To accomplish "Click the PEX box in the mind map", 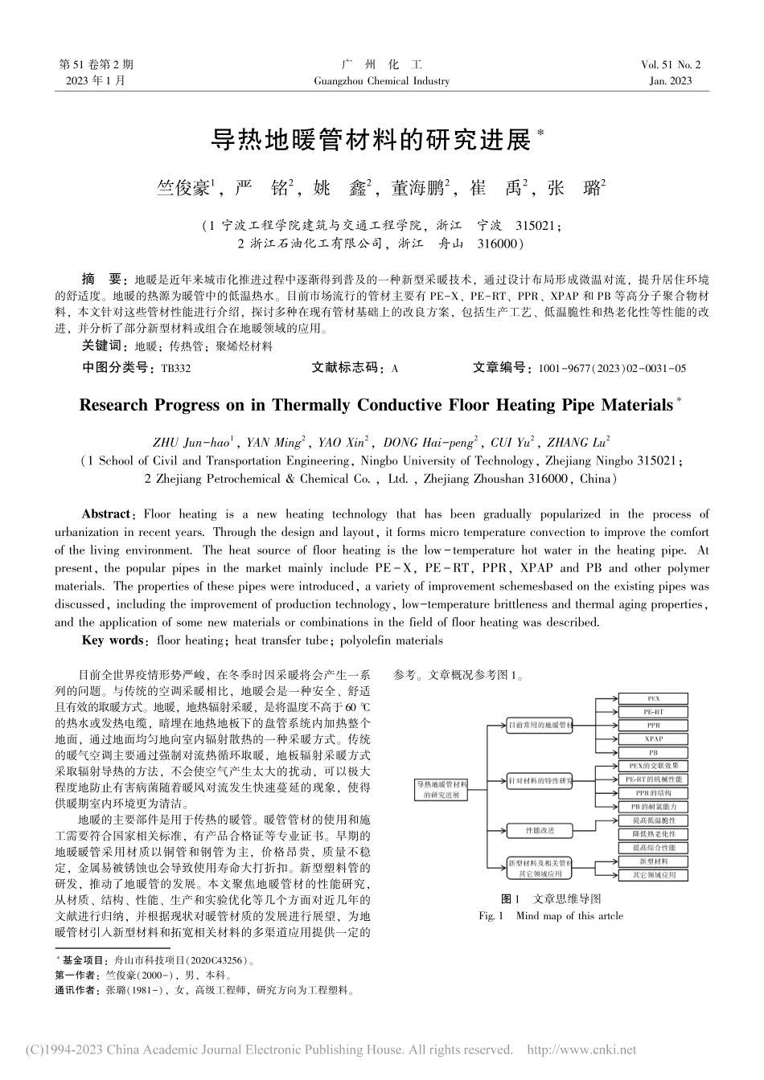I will tap(653, 698).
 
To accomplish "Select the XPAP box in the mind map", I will tap(653, 738).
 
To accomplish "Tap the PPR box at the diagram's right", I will tap(653, 725).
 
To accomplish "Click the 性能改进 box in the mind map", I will tap(539, 829).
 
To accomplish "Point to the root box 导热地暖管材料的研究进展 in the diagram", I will tap(441, 788).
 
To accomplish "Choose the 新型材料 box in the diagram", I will tap(653, 861).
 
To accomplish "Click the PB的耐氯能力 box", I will tap(653, 806).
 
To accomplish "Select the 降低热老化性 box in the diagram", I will tap(653, 834).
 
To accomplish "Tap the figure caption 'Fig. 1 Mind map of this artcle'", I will tap(550, 915).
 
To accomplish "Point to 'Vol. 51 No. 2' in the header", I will tap(671, 65).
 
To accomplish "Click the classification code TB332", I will tap(176, 368).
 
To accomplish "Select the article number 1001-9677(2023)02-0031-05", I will tap(613, 368).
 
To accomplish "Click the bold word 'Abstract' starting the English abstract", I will tap(106, 513).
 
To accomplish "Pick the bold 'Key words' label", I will tap(112, 640).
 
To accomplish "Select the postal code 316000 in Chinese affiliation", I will tap(499, 242).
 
